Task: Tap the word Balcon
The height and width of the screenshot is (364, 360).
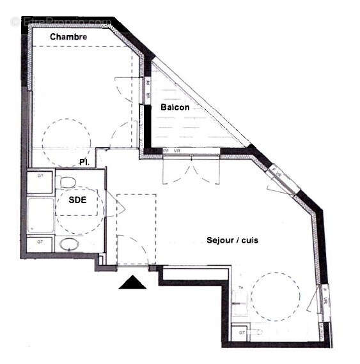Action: (175, 107)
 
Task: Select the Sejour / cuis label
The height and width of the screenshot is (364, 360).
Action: (232, 240)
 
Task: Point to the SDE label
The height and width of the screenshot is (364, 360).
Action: (77, 200)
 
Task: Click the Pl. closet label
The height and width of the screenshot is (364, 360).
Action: (84, 162)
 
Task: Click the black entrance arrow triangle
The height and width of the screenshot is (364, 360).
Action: (132, 282)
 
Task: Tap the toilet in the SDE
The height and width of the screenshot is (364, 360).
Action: (67, 183)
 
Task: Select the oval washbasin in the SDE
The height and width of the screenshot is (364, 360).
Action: (68, 244)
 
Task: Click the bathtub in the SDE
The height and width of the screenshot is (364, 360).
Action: (40, 216)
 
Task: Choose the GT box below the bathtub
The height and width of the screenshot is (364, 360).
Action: (40, 243)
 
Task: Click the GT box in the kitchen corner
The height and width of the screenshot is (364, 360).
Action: (242, 332)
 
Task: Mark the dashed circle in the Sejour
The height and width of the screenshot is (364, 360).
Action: (276, 297)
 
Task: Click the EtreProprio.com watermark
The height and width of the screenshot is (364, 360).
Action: (61, 22)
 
